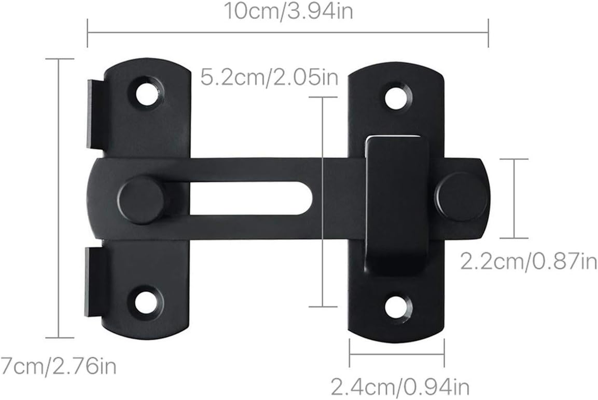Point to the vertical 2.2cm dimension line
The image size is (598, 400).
click(x=514, y=198)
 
